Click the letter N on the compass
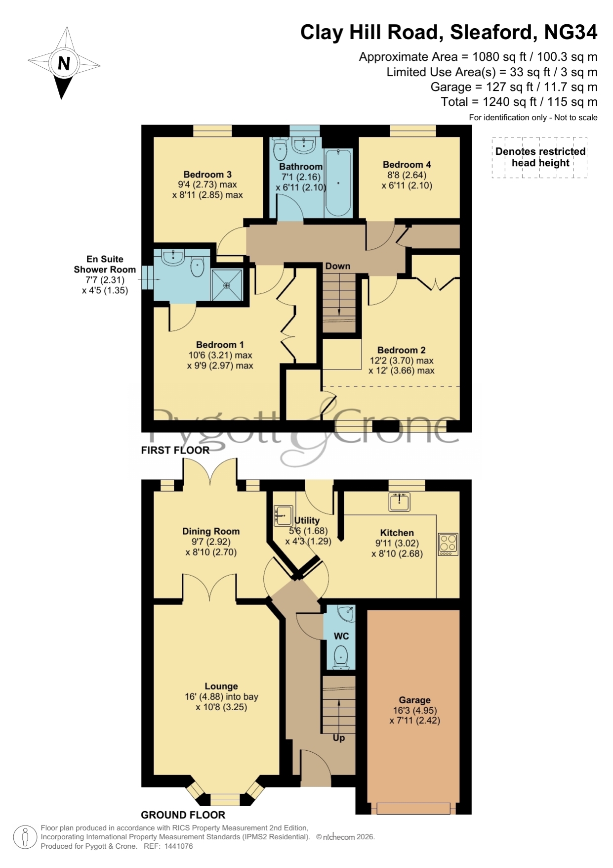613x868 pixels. pos(64,63)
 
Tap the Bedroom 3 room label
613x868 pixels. pos(207,174)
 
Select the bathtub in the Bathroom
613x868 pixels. pos(338,183)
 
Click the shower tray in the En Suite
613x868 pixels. pos(227,285)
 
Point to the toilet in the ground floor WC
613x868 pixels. pos(341,657)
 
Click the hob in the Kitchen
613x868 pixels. pos(448,544)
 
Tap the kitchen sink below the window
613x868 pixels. pos(399,502)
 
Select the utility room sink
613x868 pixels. pos(283,515)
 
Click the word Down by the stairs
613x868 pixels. pos(338,266)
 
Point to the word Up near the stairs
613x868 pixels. pos(339,738)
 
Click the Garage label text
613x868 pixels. pos(414,700)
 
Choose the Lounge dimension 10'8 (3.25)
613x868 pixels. pos(221,707)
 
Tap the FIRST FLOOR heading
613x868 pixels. pos(175,450)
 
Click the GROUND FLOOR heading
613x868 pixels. pos(183,815)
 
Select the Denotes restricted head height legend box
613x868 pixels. pos(540,157)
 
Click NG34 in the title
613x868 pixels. pos(571,32)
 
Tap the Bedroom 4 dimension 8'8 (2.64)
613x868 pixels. pos(407,175)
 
